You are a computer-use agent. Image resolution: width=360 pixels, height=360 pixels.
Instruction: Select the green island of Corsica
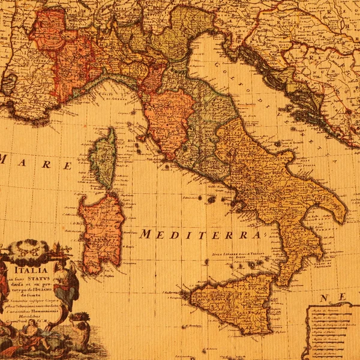pyautogui.click(x=103, y=157)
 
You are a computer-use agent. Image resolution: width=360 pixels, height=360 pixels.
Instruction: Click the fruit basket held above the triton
pyautogui.click(x=78, y=317)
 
